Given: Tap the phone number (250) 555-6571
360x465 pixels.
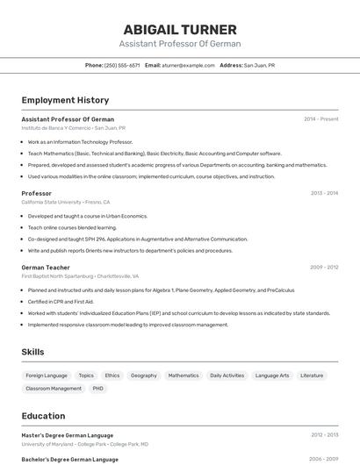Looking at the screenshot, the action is pos(121,65).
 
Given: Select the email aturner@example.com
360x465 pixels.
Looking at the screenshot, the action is pos(188,65).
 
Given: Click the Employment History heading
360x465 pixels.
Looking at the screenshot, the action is pos(65,100).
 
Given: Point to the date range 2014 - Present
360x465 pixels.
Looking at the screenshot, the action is pos(320,118).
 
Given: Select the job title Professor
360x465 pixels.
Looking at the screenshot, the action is pos(36,193).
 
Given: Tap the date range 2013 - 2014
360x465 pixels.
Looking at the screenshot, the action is pos(324,193).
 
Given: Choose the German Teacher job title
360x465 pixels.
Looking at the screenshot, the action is pos(45,267).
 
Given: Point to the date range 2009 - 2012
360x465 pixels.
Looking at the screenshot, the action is pos(324,267).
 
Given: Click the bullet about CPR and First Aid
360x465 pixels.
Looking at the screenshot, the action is pos(61,301).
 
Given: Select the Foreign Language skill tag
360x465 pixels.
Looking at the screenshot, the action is pos(47,376).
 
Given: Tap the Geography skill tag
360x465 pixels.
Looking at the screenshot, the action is pos(144,376).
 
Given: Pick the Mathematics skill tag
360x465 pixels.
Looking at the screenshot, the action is pos(184,376).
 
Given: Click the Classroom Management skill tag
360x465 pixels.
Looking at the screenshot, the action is pos(54,388).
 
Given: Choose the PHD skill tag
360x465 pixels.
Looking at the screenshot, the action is pos(97,388).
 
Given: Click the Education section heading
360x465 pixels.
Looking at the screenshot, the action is pos(43,416).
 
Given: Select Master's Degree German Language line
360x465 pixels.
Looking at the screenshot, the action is pos(67,434).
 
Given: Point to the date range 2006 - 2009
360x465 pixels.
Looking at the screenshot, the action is pos(324,459).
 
